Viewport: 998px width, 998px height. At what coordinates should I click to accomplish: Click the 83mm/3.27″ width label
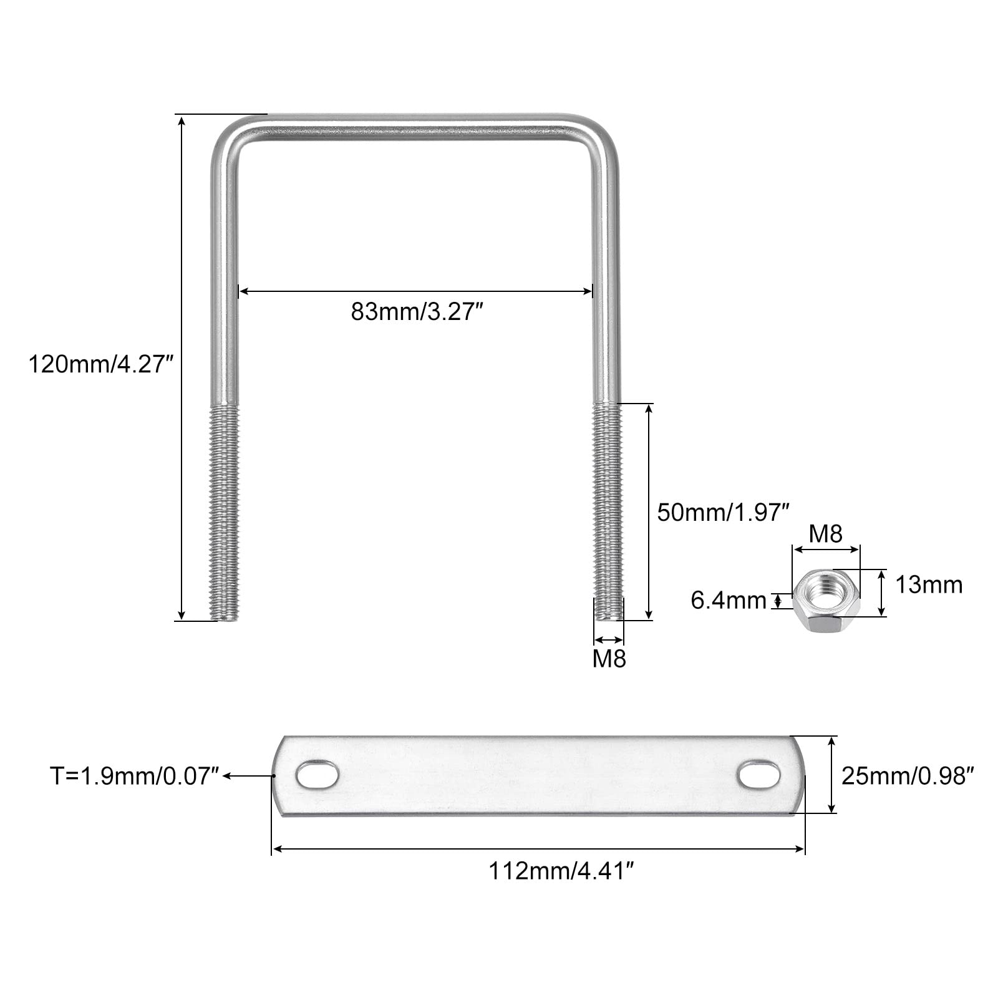coord(417,312)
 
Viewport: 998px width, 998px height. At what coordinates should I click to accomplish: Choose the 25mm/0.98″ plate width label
coord(908,776)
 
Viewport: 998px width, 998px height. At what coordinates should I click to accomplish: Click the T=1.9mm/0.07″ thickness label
coord(135,776)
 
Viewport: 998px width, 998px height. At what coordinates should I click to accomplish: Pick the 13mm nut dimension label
coord(929,585)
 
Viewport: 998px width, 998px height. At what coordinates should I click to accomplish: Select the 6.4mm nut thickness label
coord(728,600)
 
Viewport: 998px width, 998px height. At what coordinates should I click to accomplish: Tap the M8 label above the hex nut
coord(826,534)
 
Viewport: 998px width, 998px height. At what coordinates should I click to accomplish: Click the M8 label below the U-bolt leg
coord(609,659)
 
